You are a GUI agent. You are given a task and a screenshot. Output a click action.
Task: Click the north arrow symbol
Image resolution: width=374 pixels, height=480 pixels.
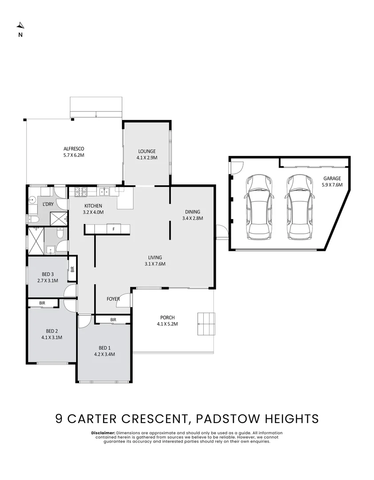(20, 25)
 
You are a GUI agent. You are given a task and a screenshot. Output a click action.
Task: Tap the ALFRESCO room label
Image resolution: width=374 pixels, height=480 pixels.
(74, 149)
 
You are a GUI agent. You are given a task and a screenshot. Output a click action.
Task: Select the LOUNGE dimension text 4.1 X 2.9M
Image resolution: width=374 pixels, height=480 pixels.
(147, 157)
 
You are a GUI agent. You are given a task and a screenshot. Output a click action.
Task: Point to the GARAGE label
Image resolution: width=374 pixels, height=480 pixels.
(332, 178)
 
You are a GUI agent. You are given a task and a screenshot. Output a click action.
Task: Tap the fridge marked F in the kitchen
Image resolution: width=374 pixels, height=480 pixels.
(114, 229)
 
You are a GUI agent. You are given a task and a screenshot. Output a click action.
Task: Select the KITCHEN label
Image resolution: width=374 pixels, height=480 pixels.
(93, 206)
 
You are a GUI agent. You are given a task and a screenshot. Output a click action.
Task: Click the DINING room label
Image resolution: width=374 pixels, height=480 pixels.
(193, 212)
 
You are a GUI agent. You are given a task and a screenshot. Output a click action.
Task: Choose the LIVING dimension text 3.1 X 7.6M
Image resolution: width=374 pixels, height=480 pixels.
(155, 264)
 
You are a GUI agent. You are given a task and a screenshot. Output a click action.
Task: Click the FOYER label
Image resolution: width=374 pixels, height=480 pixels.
(113, 299)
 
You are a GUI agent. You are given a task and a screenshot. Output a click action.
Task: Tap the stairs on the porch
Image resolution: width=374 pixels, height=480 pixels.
(206, 324)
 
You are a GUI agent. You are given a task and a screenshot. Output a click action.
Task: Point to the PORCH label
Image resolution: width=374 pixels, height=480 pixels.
(167, 317)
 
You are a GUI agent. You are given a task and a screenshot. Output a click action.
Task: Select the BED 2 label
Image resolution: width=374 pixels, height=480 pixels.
(52, 331)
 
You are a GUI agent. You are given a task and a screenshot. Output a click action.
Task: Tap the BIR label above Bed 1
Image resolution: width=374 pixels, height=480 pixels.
(113, 320)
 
